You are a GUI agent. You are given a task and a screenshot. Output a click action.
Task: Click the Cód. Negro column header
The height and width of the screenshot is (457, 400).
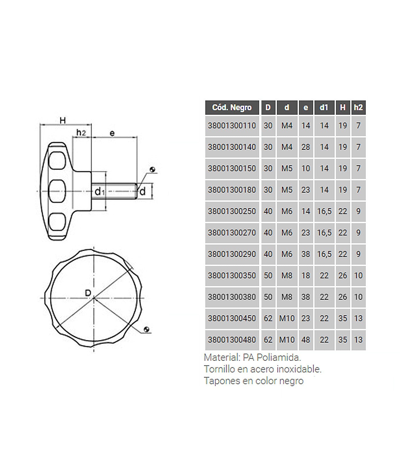tap(232, 107)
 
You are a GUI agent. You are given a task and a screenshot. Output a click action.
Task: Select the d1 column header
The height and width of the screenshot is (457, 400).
tap(324, 107)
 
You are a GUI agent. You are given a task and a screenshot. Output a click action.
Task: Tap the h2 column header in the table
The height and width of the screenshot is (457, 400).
tap(358, 107)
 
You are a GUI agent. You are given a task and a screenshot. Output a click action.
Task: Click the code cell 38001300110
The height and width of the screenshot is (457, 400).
tap(232, 126)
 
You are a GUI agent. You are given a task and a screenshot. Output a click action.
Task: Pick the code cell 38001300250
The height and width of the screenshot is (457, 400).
tap(232, 211)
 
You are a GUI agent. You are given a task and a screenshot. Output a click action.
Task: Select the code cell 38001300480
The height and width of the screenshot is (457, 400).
tap(232, 340)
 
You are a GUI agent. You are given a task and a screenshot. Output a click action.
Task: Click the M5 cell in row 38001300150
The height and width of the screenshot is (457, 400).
tap(287, 169)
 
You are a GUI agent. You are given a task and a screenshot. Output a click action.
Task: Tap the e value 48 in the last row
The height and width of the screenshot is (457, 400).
tap(306, 340)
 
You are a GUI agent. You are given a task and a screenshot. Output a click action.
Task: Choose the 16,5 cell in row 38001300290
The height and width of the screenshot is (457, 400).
tap(324, 254)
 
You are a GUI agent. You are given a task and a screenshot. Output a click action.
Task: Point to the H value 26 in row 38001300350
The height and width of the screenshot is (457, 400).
tap(343, 276)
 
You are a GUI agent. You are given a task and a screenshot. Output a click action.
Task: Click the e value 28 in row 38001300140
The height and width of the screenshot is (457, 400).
tap(306, 147)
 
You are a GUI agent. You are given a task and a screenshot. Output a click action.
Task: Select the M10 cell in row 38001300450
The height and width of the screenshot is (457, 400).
tap(287, 318)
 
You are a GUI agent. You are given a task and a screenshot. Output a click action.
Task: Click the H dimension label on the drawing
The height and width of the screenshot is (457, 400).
tap(63, 121)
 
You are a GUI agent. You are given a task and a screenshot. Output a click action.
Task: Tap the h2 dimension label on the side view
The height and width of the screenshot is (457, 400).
tap(81, 133)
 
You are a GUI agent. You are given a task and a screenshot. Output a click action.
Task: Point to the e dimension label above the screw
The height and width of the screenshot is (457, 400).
tap(112, 133)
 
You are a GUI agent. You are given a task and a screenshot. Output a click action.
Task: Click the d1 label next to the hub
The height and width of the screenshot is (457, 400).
tap(99, 192)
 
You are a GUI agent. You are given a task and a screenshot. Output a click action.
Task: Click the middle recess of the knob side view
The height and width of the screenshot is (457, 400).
tap(57, 191)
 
